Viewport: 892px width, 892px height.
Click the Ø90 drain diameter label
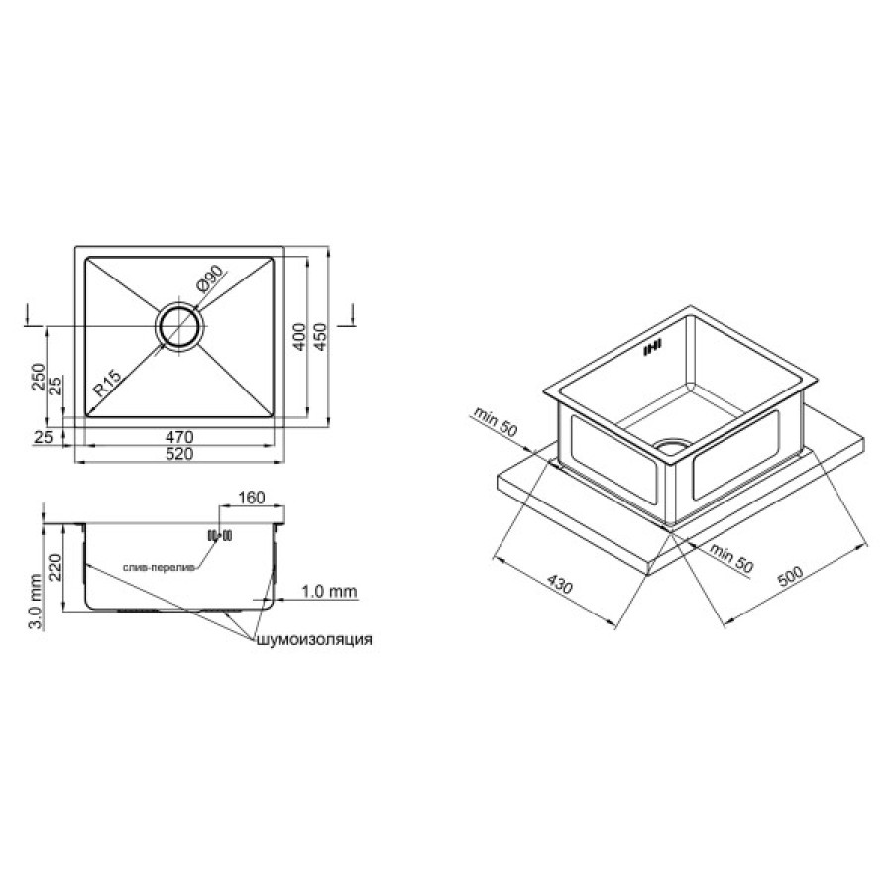click(210, 279)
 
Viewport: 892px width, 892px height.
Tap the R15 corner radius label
click(107, 383)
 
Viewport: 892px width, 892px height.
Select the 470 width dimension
click(179, 437)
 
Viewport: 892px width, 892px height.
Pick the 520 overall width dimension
click(179, 454)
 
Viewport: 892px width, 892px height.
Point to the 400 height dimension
click(299, 337)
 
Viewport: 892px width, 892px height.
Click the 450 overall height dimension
click(320, 337)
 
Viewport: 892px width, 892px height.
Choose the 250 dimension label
click(38, 376)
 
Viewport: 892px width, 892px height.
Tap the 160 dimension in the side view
click(251, 498)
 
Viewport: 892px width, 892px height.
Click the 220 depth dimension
click(56, 567)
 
